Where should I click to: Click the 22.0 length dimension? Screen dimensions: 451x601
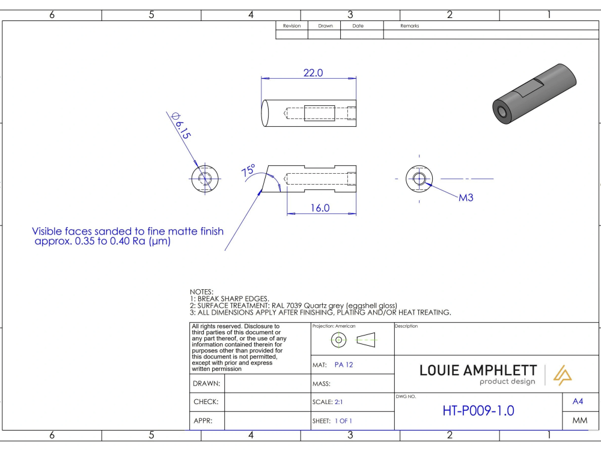tap(313, 73)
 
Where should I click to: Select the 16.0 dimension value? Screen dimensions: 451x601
tap(320, 208)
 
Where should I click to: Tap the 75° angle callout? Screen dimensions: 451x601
tap(248, 170)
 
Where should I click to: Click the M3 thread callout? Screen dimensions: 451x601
tap(466, 197)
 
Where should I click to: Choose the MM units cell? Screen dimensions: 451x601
tap(579, 421)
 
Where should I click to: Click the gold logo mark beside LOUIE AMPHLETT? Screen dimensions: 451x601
tap(565, 373)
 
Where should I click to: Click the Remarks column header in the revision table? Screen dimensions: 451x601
tap(409, 26)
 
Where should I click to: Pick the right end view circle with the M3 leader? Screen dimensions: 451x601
tap(419, 179)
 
